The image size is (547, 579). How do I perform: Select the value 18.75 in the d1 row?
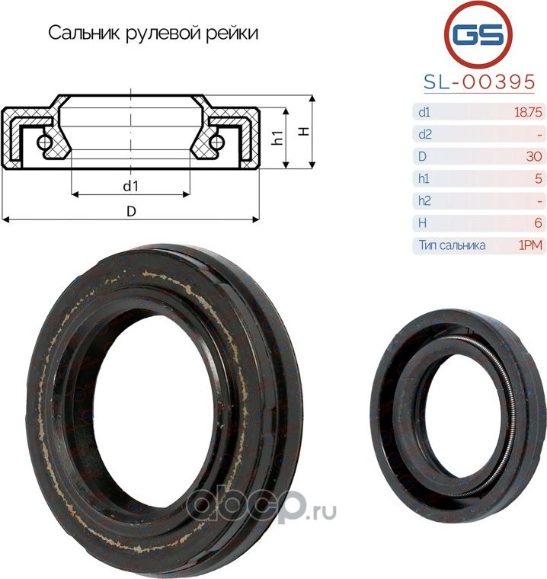(x=528, y=113)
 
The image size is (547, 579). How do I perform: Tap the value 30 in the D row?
(x=533, y=157)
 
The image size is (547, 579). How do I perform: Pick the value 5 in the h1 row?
(x=538, y=179)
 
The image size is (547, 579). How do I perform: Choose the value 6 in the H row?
(x=538, y=223)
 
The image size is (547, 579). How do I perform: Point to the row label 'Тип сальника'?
(x=451, y=245)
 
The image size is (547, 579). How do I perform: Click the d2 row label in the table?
(x=424, y=135)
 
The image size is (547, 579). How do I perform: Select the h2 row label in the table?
(x=424, y=201)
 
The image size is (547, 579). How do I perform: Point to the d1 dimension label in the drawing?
(x=130, y=185)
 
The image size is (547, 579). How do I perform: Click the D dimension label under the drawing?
(x=130, y=212)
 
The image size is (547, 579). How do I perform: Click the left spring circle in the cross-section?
(x=45, y=142)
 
